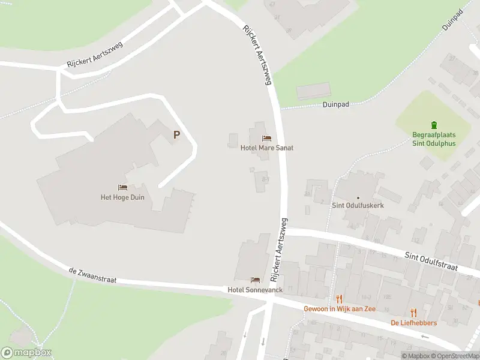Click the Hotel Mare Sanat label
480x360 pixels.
click(x=266, y=148)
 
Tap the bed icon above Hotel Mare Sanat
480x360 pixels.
click(x=266, y=139)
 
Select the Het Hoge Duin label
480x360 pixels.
click(x=122, y=197)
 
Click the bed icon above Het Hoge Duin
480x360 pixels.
click(x=122, y=188)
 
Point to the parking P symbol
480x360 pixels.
click(x=176, y=135)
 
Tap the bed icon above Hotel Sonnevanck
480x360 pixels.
click(x=255, y=280)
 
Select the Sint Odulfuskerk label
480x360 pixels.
click(x=358, y=205)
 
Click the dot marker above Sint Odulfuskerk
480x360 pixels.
click(x=358, y=197)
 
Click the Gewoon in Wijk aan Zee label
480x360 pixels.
click(x=338, y=308)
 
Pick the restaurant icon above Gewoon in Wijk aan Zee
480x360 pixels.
click(x=339, y=298)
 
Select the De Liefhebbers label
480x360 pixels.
click(x=413, y=323)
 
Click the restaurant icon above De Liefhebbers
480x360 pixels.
click(x=413, y=313)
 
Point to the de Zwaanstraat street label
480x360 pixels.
click(x=92, y=276)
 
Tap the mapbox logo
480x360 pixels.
click(x=26, y=353)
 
